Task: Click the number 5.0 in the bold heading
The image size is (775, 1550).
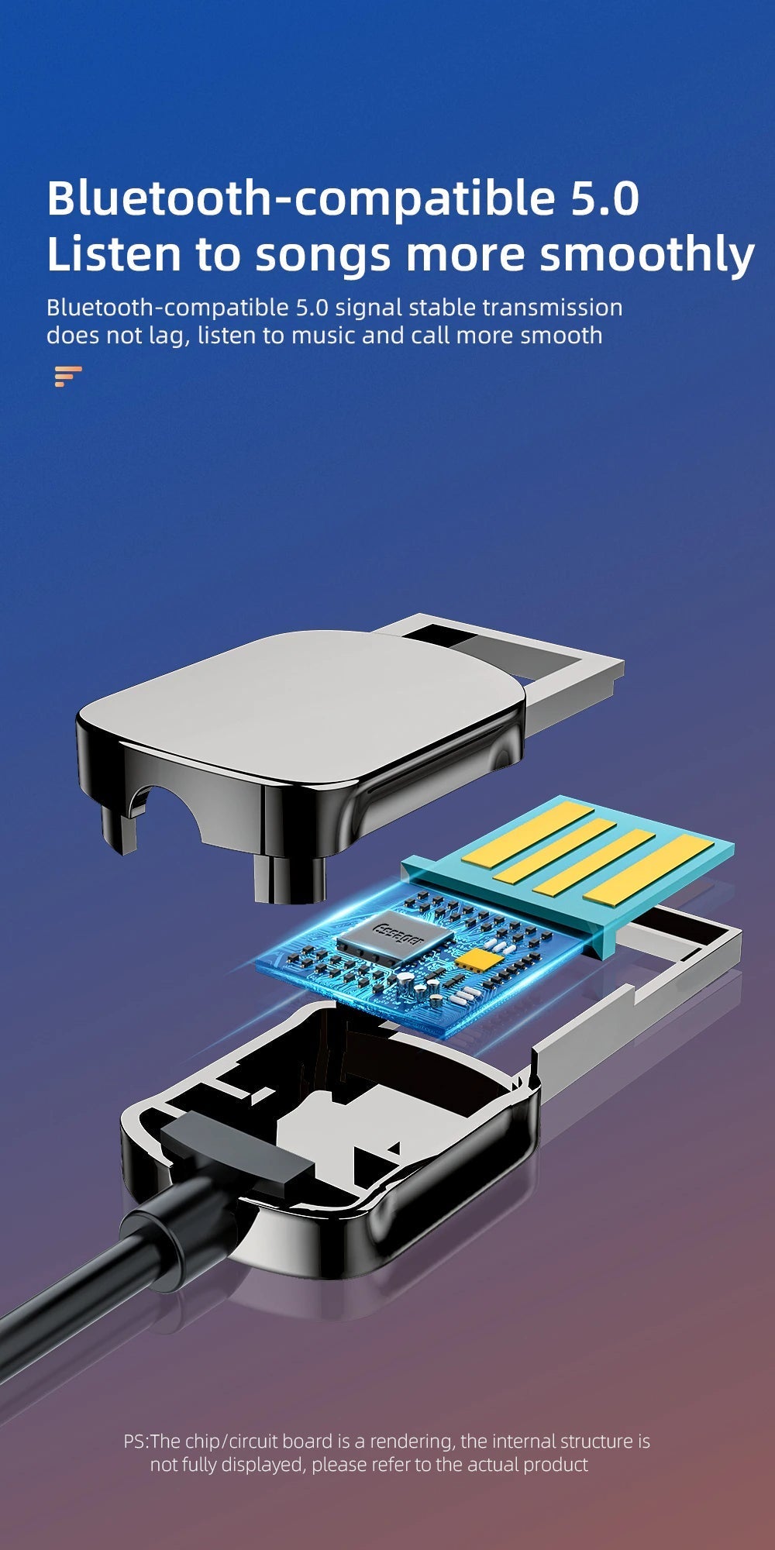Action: pos(605,198)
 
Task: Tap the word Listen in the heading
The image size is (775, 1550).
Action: pos(113,254)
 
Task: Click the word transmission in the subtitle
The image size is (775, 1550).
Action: pos(553,308)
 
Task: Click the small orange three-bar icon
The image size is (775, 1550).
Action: pos(68,376)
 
